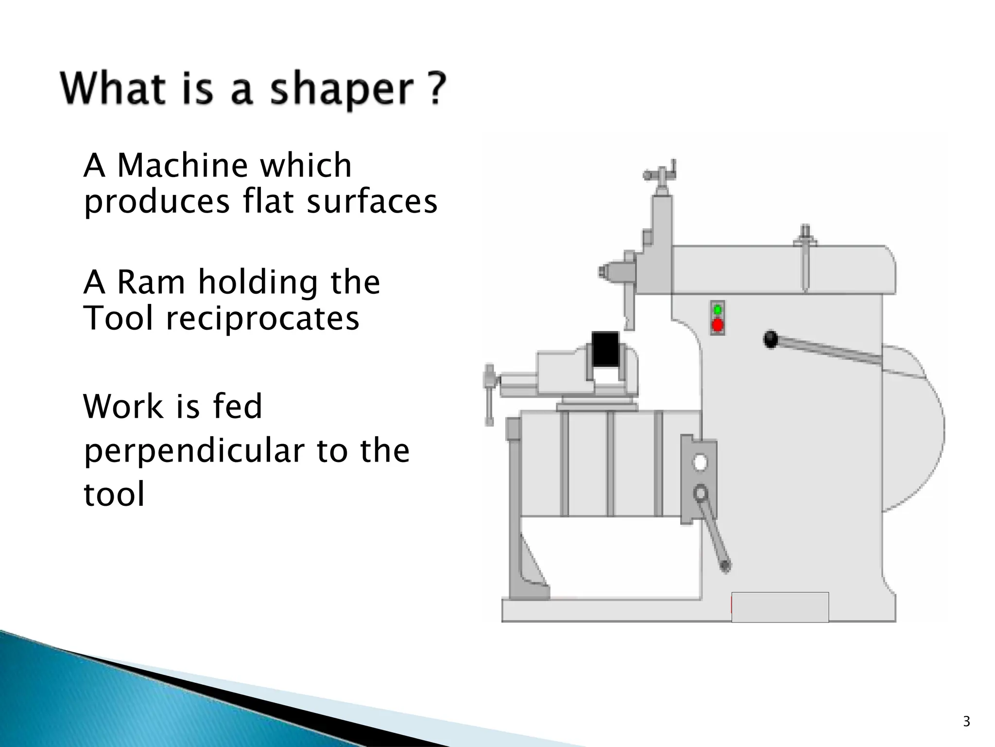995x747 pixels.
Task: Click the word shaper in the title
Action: click(342, 90)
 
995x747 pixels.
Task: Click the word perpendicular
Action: click(194, 451)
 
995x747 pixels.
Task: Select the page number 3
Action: click(966, 722)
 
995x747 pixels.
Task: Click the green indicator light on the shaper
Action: click(717, 310)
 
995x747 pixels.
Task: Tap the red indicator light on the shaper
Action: click(717, 325)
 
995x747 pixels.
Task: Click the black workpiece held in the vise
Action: click(605, 349)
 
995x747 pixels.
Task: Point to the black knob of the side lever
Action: click(771, 339)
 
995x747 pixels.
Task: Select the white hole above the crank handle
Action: click(700, 462)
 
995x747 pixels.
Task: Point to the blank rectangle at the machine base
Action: click(780, 607)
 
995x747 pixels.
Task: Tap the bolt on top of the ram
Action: click(805, 235)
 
